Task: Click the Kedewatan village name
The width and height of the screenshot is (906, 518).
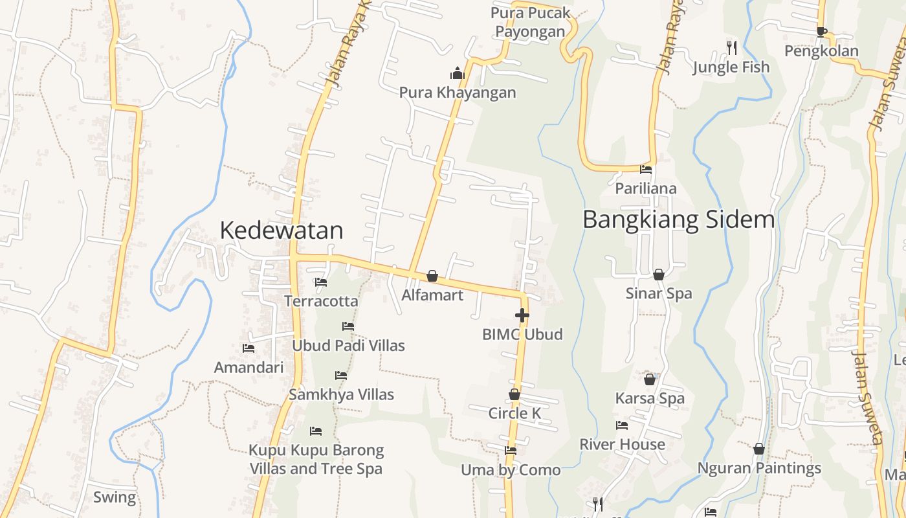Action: point(281,231)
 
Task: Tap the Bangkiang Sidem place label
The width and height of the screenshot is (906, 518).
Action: point(678,220)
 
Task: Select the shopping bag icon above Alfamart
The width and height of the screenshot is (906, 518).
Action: point(432,276)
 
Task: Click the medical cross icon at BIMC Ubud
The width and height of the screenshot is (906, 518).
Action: point(522,315)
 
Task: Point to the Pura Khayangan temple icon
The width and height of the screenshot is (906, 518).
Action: point(458,73)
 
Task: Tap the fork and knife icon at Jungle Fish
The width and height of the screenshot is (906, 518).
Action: point(731,47)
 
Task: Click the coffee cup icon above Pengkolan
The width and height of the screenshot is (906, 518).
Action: point(821,32)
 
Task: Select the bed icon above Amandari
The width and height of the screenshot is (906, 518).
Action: point(249,348)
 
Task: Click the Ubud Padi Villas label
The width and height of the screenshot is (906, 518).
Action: point(348,345)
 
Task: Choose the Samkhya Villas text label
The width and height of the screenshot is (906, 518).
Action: point(341,394)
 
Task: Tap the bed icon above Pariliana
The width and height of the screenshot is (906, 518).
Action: point(646,170)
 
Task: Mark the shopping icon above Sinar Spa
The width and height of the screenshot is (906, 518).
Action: point(659,275)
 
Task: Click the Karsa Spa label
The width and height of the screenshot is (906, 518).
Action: point(650,398)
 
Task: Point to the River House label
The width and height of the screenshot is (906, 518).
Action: point(622,444)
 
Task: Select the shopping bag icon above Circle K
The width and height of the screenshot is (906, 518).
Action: point(514,394)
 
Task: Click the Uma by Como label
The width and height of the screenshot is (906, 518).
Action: point(511,469)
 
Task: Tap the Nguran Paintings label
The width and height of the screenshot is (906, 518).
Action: point(759,467)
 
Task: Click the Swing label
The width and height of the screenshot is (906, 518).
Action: point(115,497)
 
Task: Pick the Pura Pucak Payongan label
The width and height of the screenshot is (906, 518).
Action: point(531,22)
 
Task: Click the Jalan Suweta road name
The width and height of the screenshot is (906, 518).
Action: point(867,398)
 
